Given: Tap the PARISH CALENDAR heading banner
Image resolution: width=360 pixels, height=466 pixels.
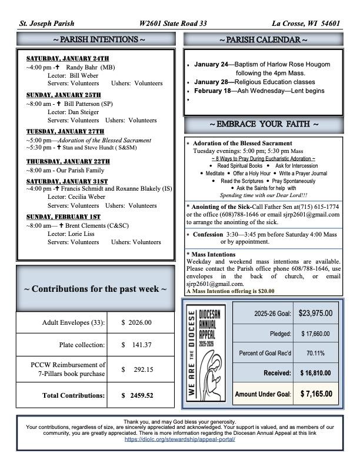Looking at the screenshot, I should [x=263, y=40].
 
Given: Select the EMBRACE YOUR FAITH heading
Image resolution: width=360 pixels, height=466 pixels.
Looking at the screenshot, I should [x=263, y=125].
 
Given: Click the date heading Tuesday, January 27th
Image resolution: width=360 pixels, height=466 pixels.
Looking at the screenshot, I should [x=65, y=131].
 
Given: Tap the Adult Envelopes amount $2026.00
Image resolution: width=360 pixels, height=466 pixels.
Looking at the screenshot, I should [x=136, y=322].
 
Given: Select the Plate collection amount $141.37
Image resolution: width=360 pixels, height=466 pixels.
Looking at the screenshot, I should [x=136, y=345].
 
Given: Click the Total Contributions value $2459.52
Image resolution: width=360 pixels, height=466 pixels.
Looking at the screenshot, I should [x=136, y=395].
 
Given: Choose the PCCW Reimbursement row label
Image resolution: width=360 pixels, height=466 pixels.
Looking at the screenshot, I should [x=68, y=370].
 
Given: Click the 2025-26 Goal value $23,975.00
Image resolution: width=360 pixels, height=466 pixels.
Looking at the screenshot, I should [x=315, y=313].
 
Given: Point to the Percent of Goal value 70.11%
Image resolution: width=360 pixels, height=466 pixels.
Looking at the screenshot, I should [x=315, y=354].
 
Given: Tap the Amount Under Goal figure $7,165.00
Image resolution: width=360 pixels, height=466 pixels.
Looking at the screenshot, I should [x=315, y=394].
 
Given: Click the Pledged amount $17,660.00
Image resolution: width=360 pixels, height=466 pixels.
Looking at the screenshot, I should [x=315, y=334].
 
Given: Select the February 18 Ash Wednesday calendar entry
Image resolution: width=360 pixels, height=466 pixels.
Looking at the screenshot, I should [x=259, y=91].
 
